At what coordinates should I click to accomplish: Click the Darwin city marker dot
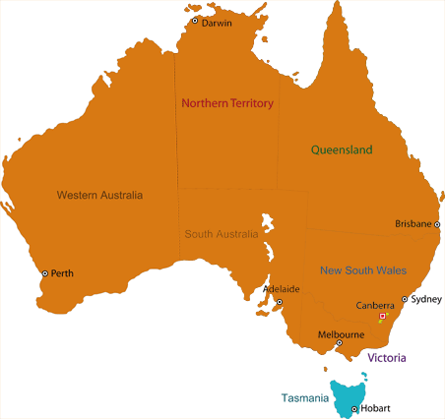(195, 21)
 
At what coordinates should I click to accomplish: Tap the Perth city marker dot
(44, 273)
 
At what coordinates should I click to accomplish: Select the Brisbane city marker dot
(437, 224)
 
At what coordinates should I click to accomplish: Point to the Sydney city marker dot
(405, 299)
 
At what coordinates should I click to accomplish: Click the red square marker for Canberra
(382, 316)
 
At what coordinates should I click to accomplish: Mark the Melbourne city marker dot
(340, 343)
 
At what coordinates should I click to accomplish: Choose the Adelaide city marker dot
(279, 302)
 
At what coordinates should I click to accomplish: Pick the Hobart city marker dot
(354, 408)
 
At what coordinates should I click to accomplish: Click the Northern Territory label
(226, 103)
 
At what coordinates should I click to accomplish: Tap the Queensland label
(342, 150)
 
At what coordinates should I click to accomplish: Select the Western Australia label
(99, 195)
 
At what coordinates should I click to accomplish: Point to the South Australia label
(222, 235)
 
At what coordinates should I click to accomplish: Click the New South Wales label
(363, 270)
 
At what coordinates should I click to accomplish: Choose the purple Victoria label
(387, 358)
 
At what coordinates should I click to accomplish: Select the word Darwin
(217, 24)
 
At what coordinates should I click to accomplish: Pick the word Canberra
(375, 304)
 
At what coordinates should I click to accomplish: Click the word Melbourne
(341, 334)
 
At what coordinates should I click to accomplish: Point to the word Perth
(62, 273)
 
